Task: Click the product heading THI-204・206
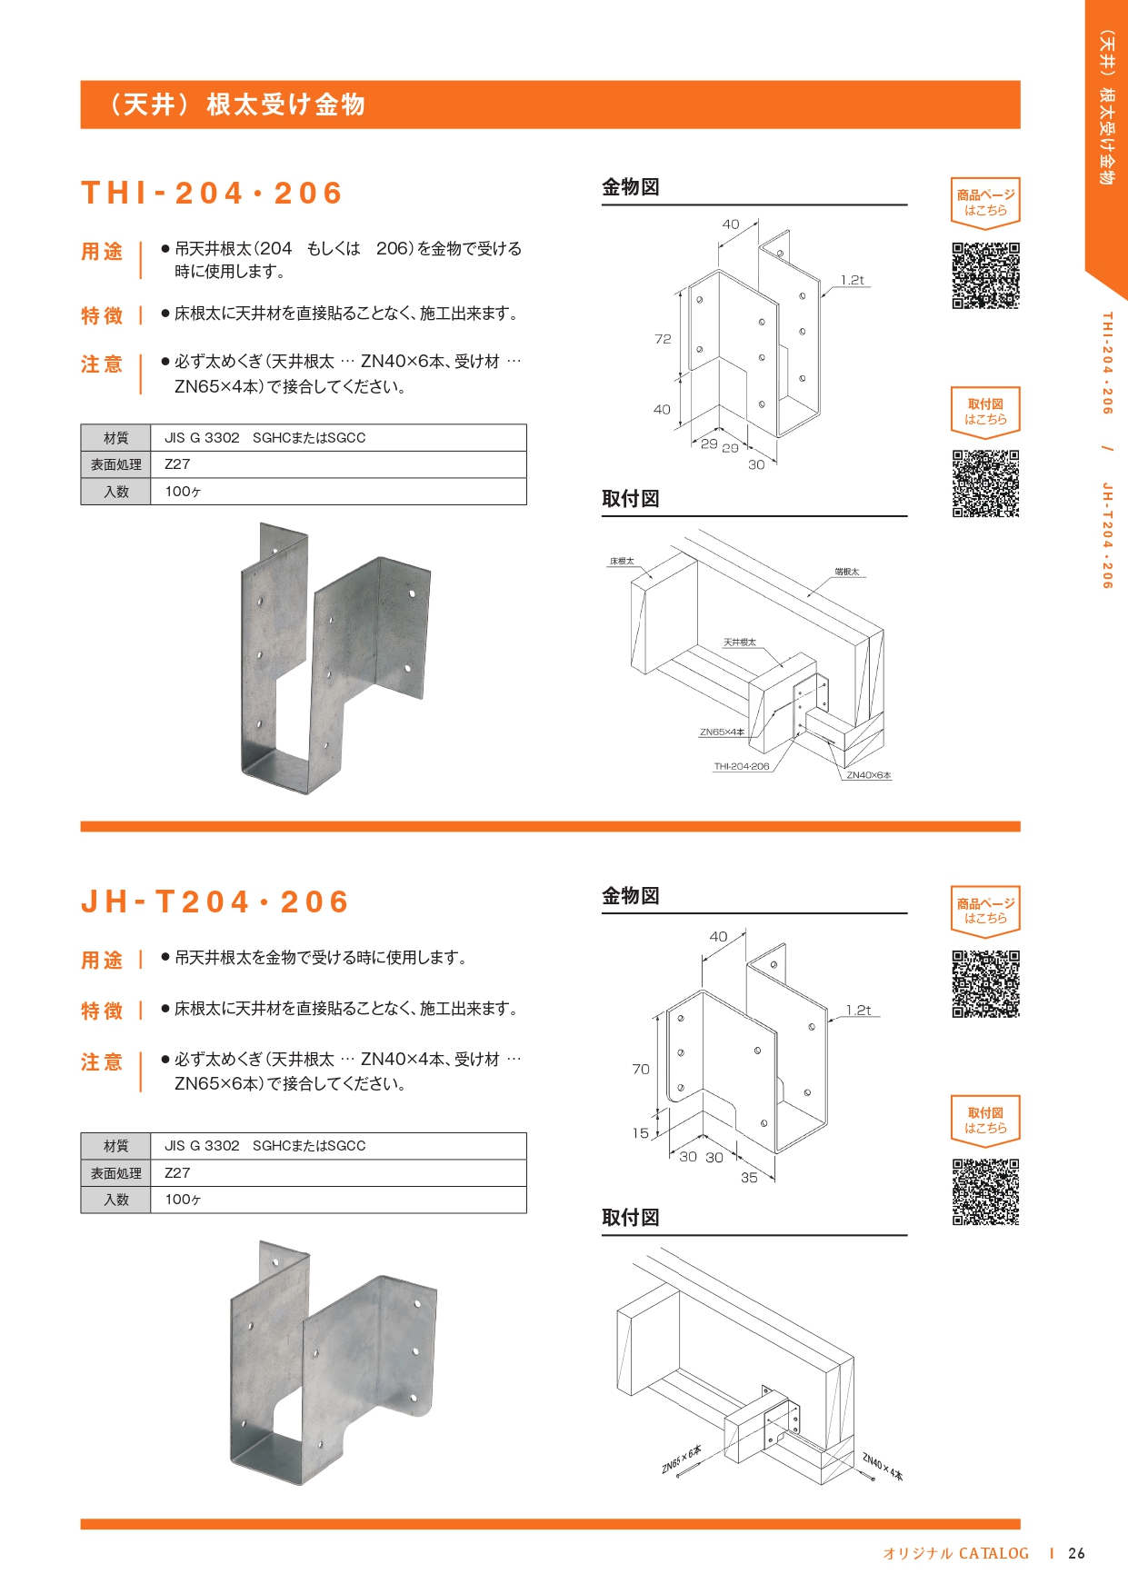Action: click(212, 193)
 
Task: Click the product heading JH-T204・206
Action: click(215, 902)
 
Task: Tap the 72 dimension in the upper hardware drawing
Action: click(663, 339)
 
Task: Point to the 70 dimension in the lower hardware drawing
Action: click(641, 1070)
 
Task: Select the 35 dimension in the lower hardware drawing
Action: click(749, 1178)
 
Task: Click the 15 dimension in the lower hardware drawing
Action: click(641, 1133)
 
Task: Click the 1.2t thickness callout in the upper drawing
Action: click(853, 280)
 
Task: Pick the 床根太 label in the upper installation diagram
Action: click(622, 562)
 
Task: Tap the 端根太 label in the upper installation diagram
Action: click(846, 572)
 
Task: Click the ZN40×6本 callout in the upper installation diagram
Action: click(869, 775)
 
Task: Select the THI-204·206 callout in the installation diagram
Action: click(742, 766)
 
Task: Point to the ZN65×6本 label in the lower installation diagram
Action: click(681, 1459)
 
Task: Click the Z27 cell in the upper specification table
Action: click(178, 464)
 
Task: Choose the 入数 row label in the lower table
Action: click(116, 1200)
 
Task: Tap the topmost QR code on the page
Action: click(985, 275)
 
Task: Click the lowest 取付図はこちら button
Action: click(985, 1120)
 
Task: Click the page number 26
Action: click(1076, 1553)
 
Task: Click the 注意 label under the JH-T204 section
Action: click(102, 1061)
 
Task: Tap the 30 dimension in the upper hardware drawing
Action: click(756, 464)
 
